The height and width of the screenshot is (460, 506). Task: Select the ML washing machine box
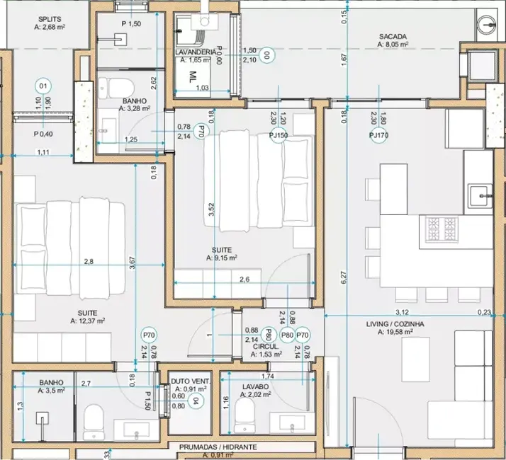(x=192, y=78)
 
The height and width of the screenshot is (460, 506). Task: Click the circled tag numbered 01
(x=43, y=87)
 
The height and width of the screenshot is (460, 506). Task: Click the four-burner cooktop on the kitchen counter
(x=440, y=229)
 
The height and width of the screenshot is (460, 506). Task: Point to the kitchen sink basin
(x=481, y=192)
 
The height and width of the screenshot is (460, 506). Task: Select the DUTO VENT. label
(x=189, y=381)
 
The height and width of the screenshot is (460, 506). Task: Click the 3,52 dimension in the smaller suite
(x=210, y=209)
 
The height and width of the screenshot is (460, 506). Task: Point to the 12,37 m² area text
(x=89, y=321)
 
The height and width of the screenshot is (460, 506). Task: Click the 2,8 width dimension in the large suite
(x=88, y=261)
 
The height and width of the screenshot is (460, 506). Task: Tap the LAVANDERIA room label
(x=195, y=53)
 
